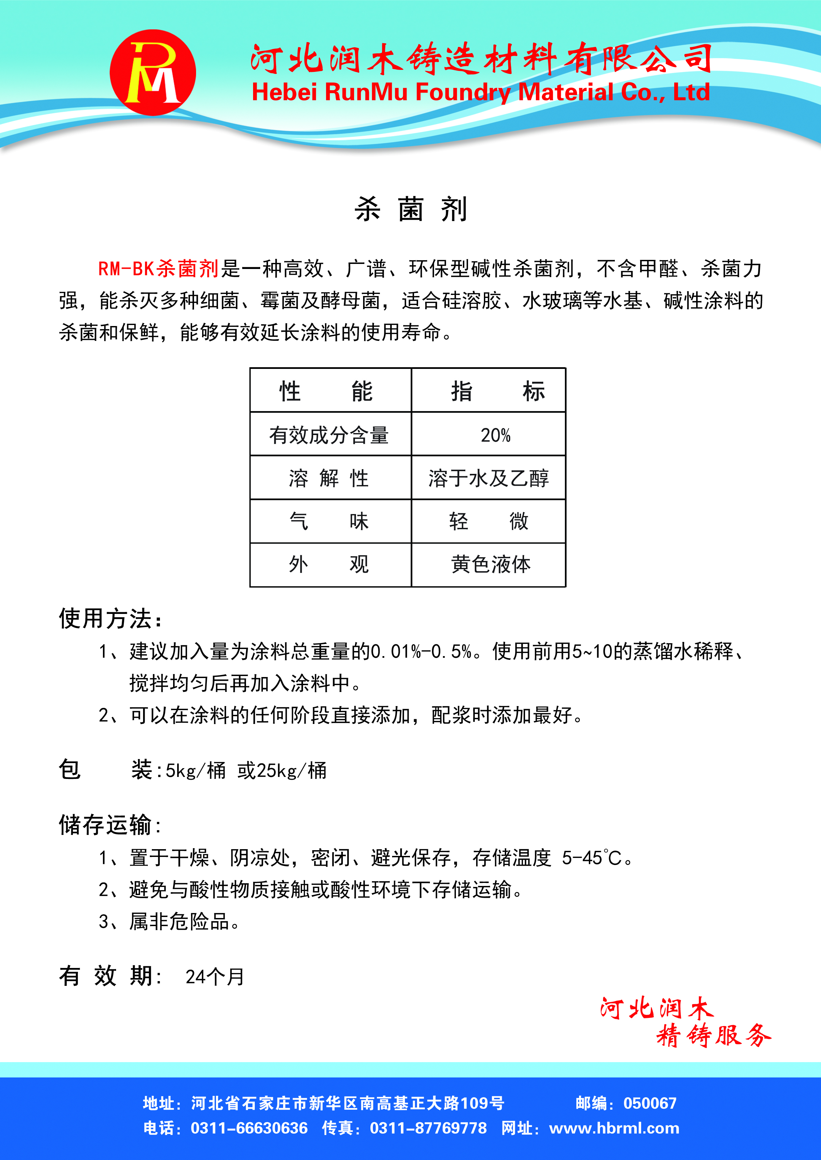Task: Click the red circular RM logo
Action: (153, 72)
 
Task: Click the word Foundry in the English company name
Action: (463, 92)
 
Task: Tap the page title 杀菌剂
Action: (410, 209)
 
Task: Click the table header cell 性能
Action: (326, 391)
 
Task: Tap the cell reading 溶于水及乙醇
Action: (488, 478)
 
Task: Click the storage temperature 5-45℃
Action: (592, 858)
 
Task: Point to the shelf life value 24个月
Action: (215, 976)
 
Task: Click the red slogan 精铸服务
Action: (713, 1035)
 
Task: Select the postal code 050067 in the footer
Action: (650, 1103)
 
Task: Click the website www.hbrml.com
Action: (614, 1128)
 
